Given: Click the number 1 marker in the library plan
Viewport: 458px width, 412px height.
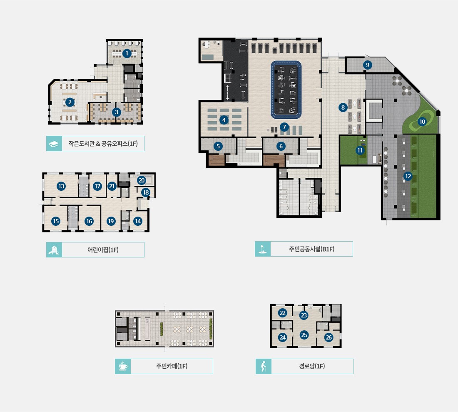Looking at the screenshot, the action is pos(127,53).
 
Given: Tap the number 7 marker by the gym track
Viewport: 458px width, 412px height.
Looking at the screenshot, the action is pos(284,127).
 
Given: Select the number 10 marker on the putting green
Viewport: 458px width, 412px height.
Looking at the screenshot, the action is pos(422,122).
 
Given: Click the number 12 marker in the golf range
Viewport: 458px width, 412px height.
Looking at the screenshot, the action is pos(408,176).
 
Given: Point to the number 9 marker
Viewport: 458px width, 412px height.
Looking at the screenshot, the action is pos(368,65).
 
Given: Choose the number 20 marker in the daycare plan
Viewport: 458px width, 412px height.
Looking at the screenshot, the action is pos(142,180).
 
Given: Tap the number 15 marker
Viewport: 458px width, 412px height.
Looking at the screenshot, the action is pos(56,221).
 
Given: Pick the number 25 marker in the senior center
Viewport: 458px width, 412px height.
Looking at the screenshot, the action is pos(304,335).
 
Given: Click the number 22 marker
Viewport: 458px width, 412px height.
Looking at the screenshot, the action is pos(282,313).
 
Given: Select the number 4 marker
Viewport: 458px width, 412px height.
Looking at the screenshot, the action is pos(224,120).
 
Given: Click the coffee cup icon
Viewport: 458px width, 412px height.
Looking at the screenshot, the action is pos(123,366).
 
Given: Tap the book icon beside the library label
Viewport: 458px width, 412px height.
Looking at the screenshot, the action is pos(54,144).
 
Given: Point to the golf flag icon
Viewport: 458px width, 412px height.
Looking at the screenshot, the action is pos(262,249).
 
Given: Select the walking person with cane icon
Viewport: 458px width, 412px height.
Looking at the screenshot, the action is pos(264,366).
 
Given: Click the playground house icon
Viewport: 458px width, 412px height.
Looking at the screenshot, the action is pos(54,250).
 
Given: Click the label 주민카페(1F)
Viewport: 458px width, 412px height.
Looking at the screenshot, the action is pos(172,366).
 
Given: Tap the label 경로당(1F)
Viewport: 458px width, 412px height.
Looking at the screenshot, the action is pos(312,366).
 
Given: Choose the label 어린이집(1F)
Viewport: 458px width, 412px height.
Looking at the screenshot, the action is pos(103,250).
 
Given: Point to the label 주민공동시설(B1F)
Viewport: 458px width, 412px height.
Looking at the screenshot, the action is pos(312,249).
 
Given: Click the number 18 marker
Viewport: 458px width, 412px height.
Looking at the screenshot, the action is pos(146,192).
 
